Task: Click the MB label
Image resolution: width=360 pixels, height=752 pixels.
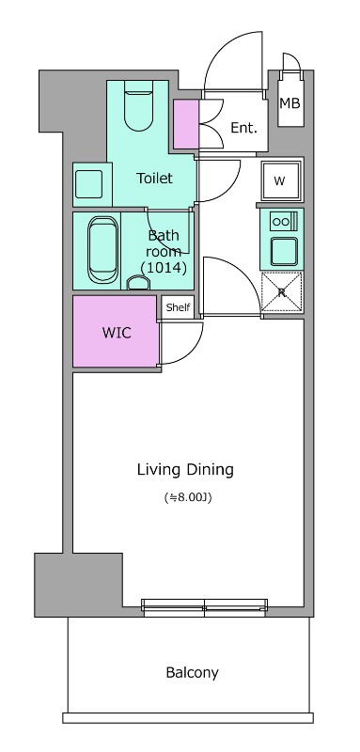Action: pyautogui.click(x=290, y=103)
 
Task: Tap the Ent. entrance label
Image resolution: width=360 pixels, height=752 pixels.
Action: pyautogui.click(x=244, y=128)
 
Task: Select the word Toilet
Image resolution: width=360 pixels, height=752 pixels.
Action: pyautogui.click(x=154, y=179)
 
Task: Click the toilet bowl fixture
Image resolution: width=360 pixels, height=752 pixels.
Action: pyautogui.click(x=138, y=105)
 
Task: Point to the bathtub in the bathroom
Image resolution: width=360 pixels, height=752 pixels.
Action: pyautogui.click(x=102, y=250)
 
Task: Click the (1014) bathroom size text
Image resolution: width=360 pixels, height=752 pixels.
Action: pyautogui.click(x=164, y=268)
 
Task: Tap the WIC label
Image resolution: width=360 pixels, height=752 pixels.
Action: pyautogui.click(x=117, y=333)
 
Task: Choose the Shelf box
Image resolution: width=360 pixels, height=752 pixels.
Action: pyautogui.click(x=178, y=307)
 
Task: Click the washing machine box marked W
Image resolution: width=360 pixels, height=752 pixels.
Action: pyautogui.click(x=281, y=180)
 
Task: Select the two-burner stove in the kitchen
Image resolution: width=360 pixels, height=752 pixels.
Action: pyautogui.click(x=283, y=221)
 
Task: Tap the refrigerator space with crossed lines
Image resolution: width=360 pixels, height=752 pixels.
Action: pyautogui.click(x=282, y=292)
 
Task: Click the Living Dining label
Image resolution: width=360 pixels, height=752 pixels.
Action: pyautogui.click(x=185, y=469)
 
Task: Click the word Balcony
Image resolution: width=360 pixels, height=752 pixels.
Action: pyautogui.click(x=193, y=673)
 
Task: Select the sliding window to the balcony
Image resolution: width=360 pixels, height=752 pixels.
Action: pyautogui.click(x=205, y=607)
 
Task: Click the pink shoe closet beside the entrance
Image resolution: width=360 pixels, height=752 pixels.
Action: pyautogui.click(x=185, y=124)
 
